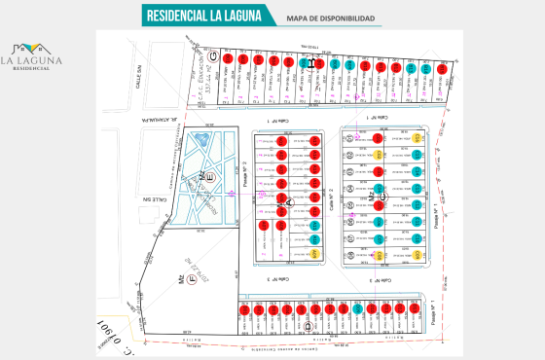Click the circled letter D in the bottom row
click(x=307, y=327)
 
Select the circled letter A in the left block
click(x=288, y=201)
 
